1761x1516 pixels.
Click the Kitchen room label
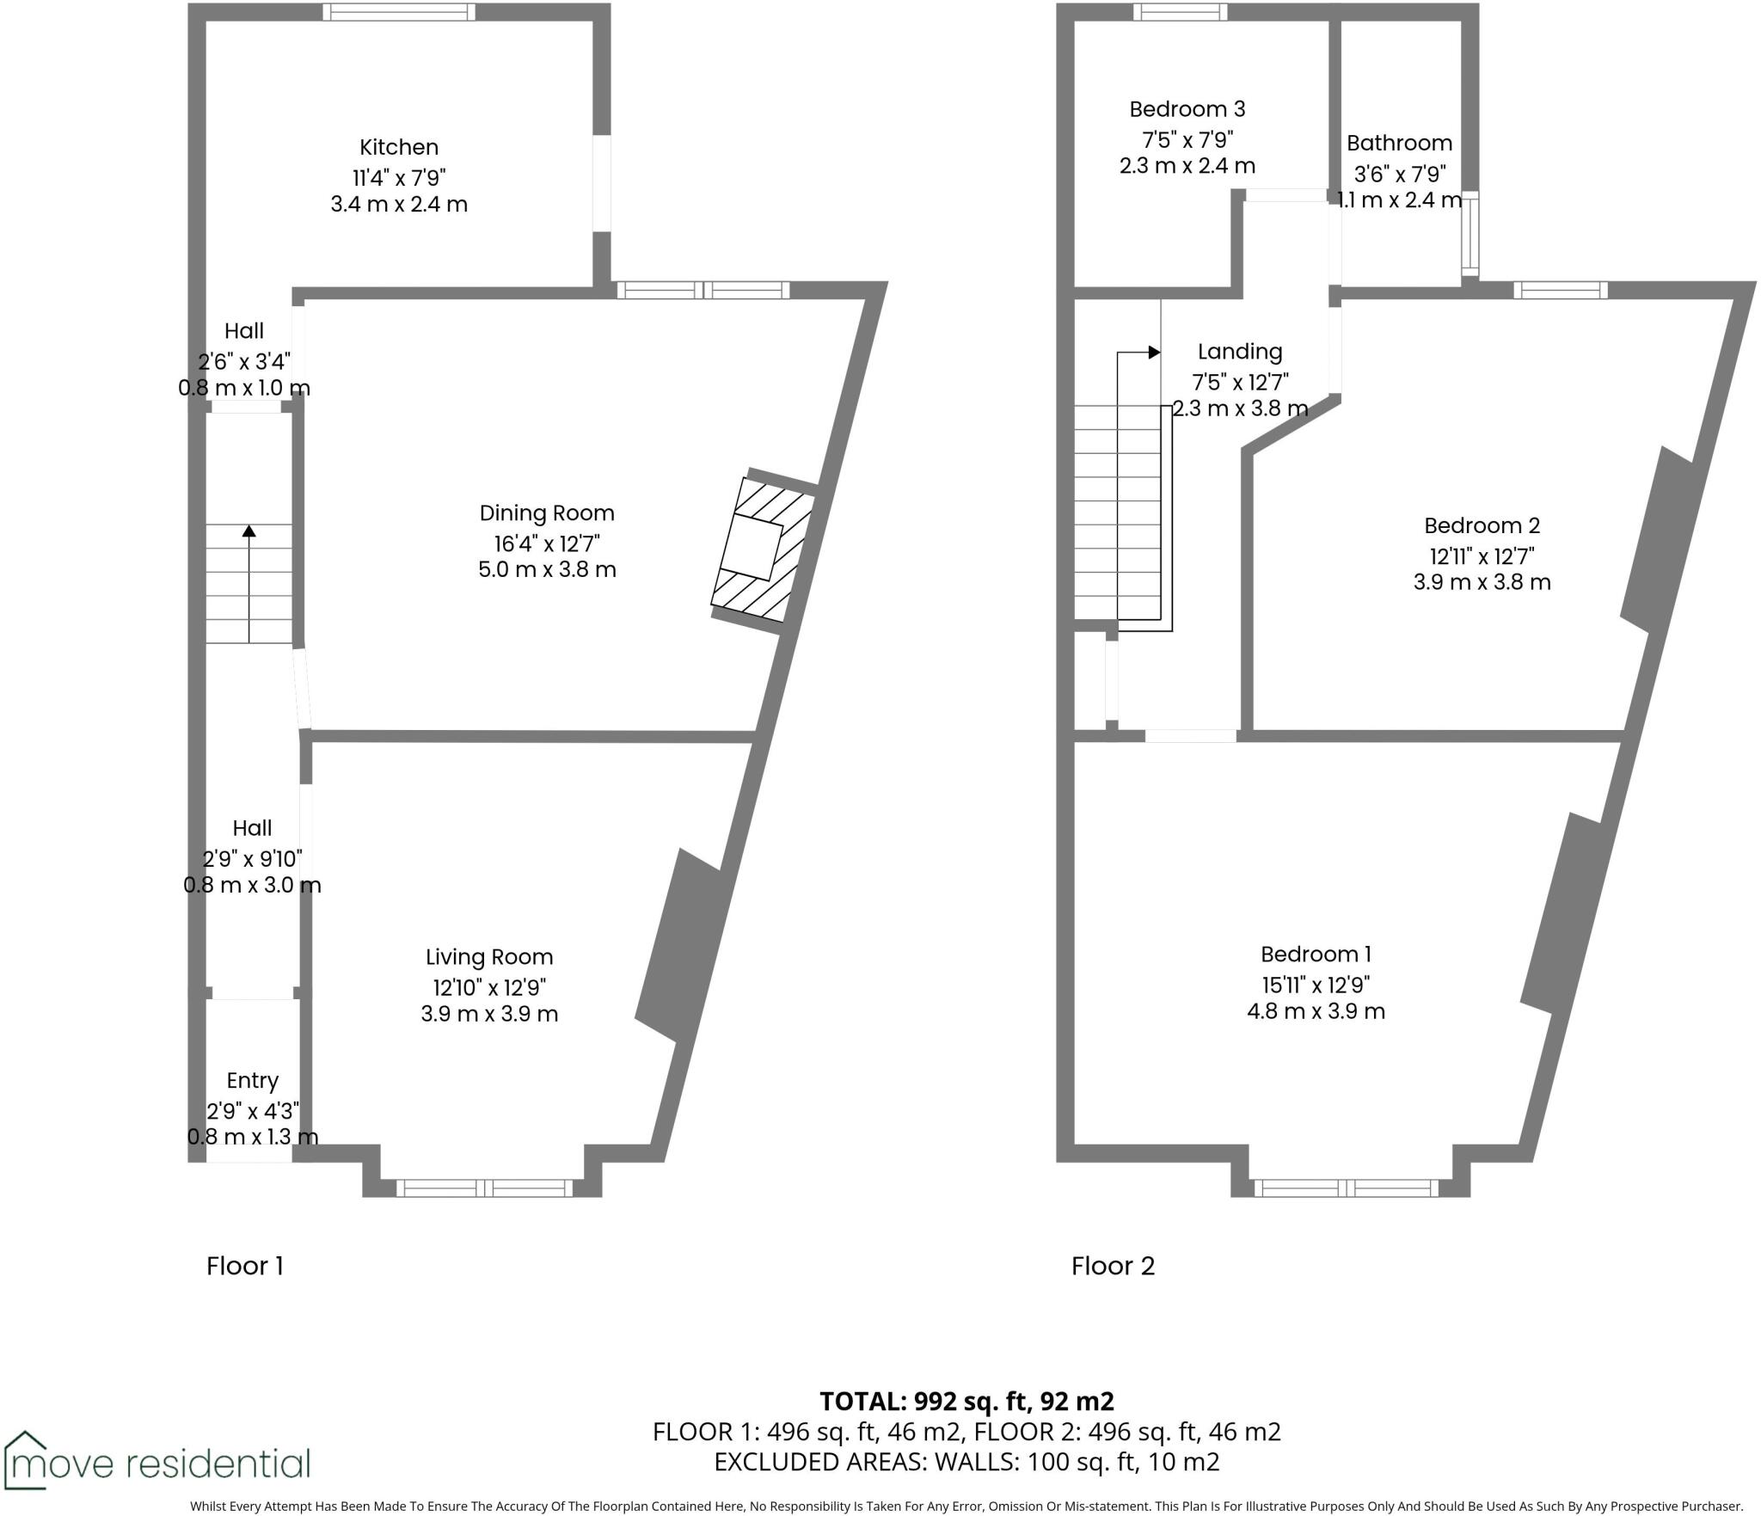point(399,147)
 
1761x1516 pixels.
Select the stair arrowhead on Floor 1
point(249,531)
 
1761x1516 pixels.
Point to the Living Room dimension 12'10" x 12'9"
point(489,986)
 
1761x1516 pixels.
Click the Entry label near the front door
point(252,1080)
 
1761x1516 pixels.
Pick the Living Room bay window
point(484,1188)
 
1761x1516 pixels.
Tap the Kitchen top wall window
point(399,12)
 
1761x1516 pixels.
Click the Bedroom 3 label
point(1187,109)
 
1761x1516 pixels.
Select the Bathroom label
point(1399,143)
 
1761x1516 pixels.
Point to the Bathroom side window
point(1470,234)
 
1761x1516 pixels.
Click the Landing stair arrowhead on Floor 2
point(1154,353)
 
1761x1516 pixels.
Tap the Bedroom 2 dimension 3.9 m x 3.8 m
point(1482,582)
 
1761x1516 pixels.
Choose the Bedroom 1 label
point(1316,954)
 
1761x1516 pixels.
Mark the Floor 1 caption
point(244,1266)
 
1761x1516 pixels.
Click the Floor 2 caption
point(1113,1266)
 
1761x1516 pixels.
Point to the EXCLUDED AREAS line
point(966,1462)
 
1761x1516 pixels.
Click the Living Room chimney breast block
point(679,946)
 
